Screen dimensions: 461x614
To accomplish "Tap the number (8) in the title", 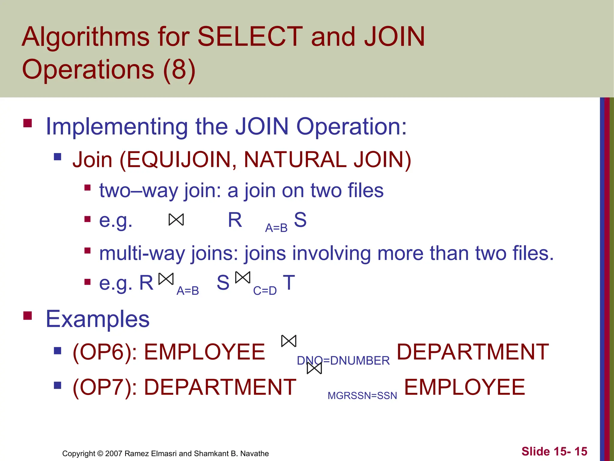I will click(x=179, y=69).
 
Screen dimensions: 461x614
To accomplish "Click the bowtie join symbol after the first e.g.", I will click(x=176, y=220).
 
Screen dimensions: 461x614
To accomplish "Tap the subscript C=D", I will click(x=265, y=291).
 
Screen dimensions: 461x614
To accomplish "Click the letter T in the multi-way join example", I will click(x=289, y=282).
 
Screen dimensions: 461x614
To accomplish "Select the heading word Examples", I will click(x=97, y=319).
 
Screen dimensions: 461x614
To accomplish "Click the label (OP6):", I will click(x=105, y=352).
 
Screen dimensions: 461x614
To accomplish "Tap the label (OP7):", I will click(x=105, y=387).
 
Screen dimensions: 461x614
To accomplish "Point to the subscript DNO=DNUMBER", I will click(x=343, y=360).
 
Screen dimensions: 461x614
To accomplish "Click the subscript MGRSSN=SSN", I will click(x=362, y=396).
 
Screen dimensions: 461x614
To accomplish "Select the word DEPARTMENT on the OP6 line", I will click(x=473, y=352).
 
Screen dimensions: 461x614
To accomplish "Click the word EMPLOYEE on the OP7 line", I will click(x=464, y=387).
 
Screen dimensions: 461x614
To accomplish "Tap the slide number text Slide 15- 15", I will click(x=554, y=451).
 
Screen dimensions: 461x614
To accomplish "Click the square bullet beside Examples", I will click(x=28, y=316).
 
